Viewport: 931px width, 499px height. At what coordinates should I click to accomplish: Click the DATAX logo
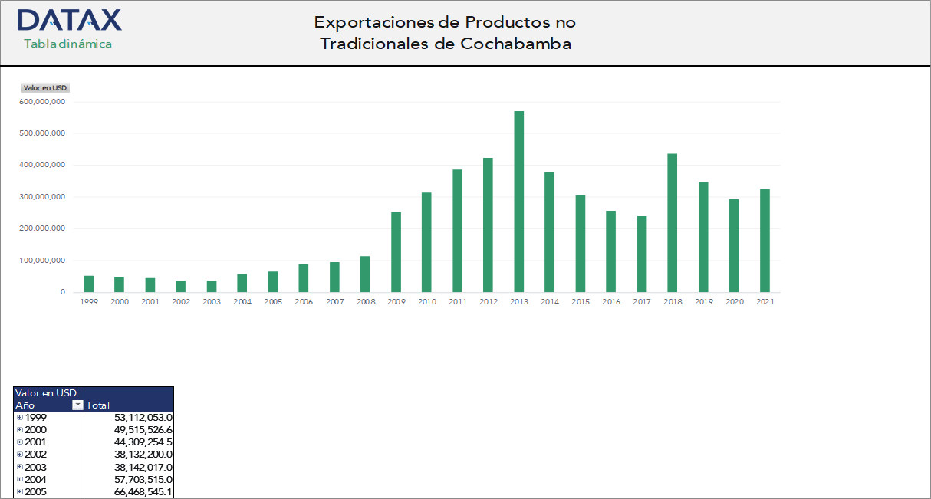(x=69, y=20)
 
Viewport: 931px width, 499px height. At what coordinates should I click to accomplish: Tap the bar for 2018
(x=673, y=223)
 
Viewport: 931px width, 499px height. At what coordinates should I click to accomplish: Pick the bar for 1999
(x=89, y=284)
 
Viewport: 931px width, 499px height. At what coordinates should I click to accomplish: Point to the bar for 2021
(x=765, y=241)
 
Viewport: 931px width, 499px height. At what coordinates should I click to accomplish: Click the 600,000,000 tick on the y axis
(x=43, y=101)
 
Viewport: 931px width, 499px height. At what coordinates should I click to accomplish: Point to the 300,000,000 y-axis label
(x=43, y=197)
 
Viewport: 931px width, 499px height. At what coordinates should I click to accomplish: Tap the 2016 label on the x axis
(x=611, y=302)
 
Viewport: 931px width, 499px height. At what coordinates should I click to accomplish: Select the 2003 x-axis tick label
(x=212, y=302)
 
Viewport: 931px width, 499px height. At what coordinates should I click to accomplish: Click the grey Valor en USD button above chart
(x=46, y=88)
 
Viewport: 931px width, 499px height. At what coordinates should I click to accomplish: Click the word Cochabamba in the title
(x=516, y=44)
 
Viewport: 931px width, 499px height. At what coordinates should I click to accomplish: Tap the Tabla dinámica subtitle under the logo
(x=68, y=44)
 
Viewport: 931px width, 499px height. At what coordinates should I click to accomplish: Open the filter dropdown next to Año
(x=77, y=405)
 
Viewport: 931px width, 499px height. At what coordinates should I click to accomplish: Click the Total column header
(x=99, y=405)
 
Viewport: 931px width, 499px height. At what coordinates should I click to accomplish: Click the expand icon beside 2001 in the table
(x=20, y=442)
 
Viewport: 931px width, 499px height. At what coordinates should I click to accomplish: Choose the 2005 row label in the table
(x=35, y=491)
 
